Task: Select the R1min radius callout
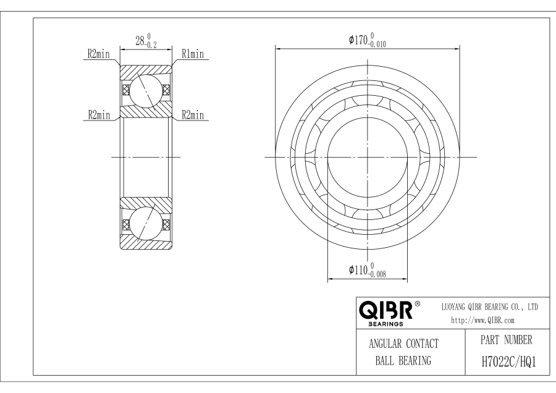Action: point(193,54)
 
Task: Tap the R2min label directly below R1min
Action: point(193,114)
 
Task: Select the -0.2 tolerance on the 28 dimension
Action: point(149,45)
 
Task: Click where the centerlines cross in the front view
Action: point(368,157)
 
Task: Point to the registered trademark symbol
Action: point(418,303)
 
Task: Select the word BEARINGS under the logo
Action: point(384,323)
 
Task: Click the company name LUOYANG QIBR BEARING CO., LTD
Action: point(491,306)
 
